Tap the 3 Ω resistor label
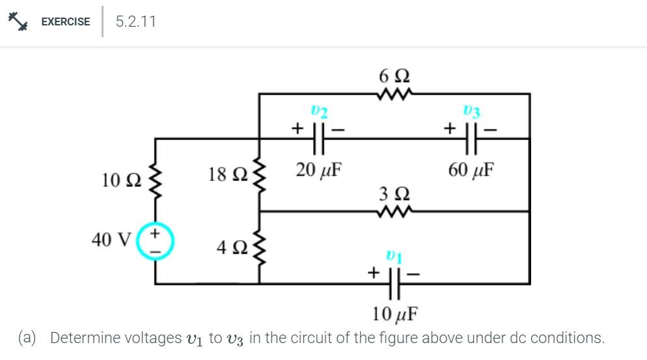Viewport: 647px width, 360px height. click(x=394, y=194)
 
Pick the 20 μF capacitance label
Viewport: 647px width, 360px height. click(x=319, y=171)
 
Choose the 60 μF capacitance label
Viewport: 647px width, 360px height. click(x=471, y=171)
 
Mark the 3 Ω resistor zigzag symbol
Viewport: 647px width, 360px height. click(x=394, y=211)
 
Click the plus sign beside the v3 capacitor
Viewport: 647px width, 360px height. click(x=449, y=128)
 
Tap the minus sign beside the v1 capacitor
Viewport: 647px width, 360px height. click(x=414, y=274)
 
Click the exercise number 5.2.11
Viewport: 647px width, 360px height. click(x=135, y=21)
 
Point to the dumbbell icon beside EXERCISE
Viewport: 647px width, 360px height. click(x=18, y=21)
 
